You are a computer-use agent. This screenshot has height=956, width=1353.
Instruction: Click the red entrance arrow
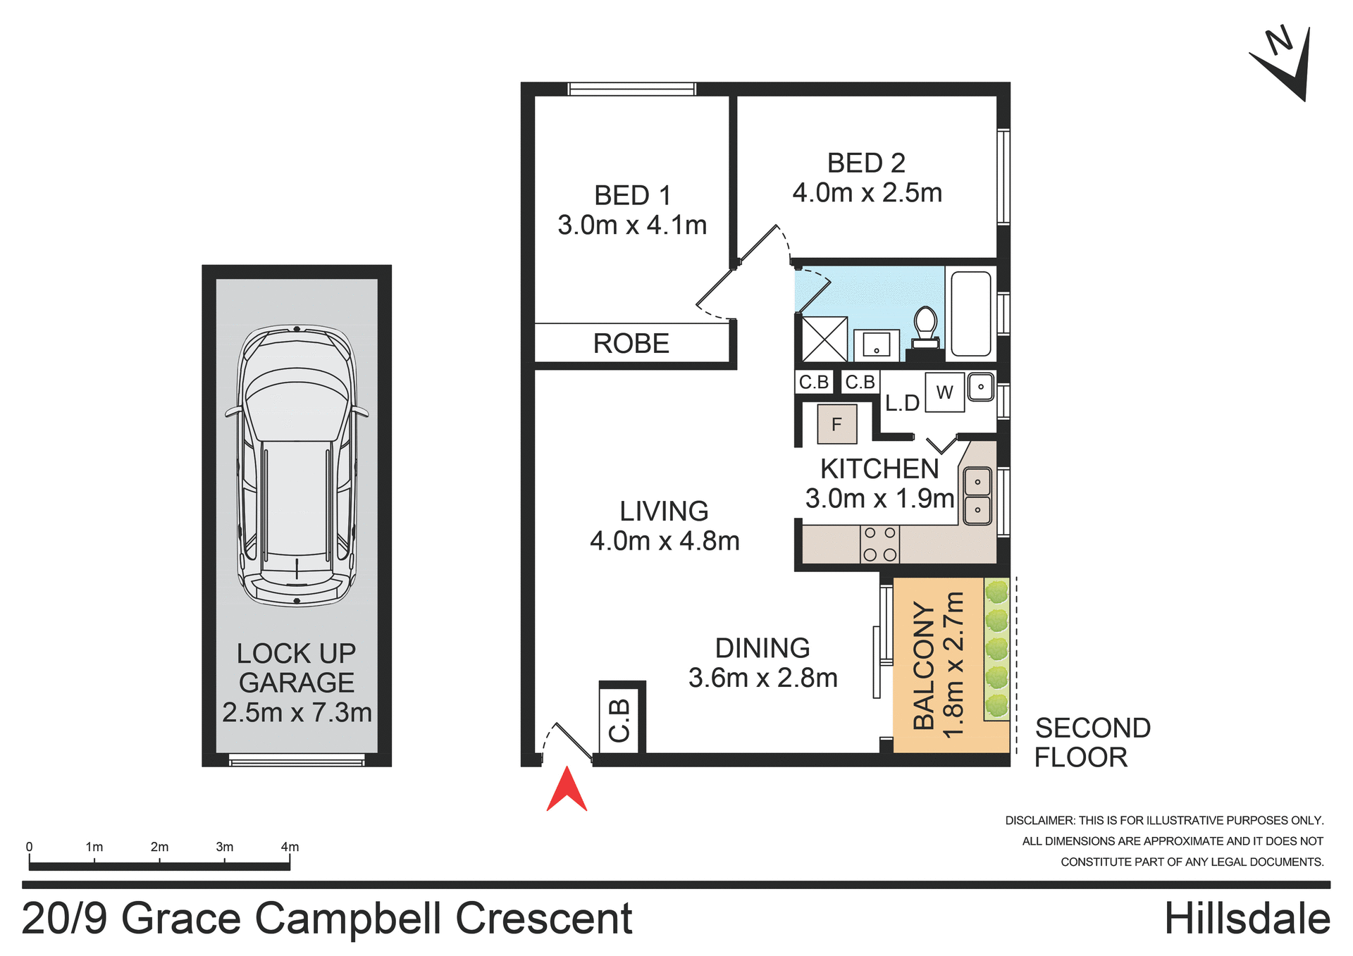click(x=567, y=791)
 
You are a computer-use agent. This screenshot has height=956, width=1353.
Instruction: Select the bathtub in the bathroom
click(x=971, y=314)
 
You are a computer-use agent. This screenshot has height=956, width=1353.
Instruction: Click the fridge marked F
click(x=836, y=424)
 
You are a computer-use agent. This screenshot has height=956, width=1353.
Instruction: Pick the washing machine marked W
click(x=944, y=392)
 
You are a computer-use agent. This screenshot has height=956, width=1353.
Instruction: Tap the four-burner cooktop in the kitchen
click(x=879, y=545)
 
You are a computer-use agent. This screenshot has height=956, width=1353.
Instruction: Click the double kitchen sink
click(x=977, y=496)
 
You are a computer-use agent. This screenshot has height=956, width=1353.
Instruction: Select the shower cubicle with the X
click(x=824, y=339)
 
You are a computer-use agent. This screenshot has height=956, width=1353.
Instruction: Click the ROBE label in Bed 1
click(x=631, y=344)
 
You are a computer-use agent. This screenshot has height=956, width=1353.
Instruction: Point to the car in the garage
click(x=297, y=465)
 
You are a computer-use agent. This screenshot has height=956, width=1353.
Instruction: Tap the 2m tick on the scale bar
click(x=159, y=861)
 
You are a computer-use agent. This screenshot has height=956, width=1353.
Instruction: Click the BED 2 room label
click(x=866, y=163)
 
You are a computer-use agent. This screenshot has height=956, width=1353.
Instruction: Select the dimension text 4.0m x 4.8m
click(x=665, y=541)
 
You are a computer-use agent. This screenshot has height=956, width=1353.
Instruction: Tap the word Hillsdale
click(x=1247, y=919)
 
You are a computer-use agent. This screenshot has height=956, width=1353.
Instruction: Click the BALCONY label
click(x=923, y=665)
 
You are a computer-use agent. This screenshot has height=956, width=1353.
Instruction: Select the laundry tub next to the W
click(x=980, y=387)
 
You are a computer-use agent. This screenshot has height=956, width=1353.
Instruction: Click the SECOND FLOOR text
click(x=1092, y=743)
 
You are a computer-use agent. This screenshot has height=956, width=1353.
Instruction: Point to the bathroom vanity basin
click(x=876, y=345)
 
